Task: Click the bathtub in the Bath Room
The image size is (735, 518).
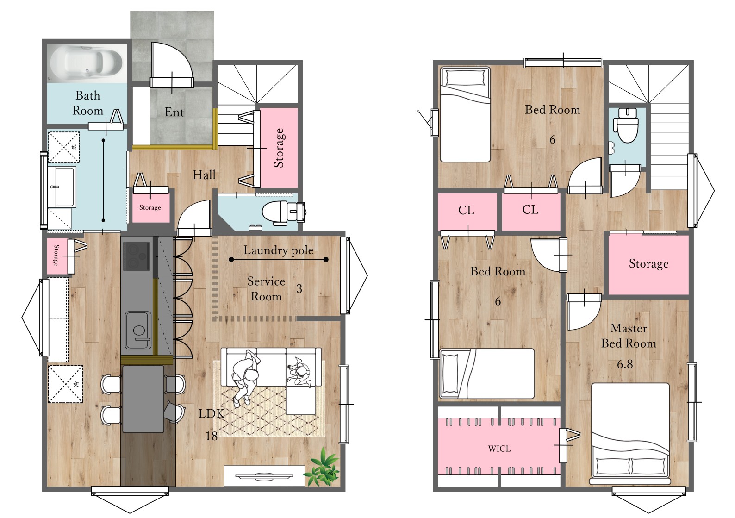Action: coord(86,62)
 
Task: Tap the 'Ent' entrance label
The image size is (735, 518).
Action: coord(174,112)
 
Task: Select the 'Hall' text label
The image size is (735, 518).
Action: coord(204,175)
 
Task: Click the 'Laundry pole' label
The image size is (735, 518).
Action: coord(278,250)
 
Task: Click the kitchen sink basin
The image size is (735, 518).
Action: coord(138,330)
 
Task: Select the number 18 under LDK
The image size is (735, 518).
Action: coord(212,436)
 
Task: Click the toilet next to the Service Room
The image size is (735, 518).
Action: coord(284,213)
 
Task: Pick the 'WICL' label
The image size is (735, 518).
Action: coord(499,449)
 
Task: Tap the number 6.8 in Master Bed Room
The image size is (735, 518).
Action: coord(625,364)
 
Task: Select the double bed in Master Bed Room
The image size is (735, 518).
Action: coord(630,434)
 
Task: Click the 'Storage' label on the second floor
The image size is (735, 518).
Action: coord(649,263)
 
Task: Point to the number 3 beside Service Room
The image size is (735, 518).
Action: coord(299,288)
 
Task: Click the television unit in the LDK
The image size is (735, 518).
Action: coord(264,475)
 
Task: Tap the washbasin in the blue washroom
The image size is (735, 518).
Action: coord(62,187)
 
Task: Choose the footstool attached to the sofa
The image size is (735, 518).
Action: coord(301,400)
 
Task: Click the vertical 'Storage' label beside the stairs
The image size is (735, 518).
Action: coord(279,148)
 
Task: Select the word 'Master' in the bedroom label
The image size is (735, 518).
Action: coord(629,329)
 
